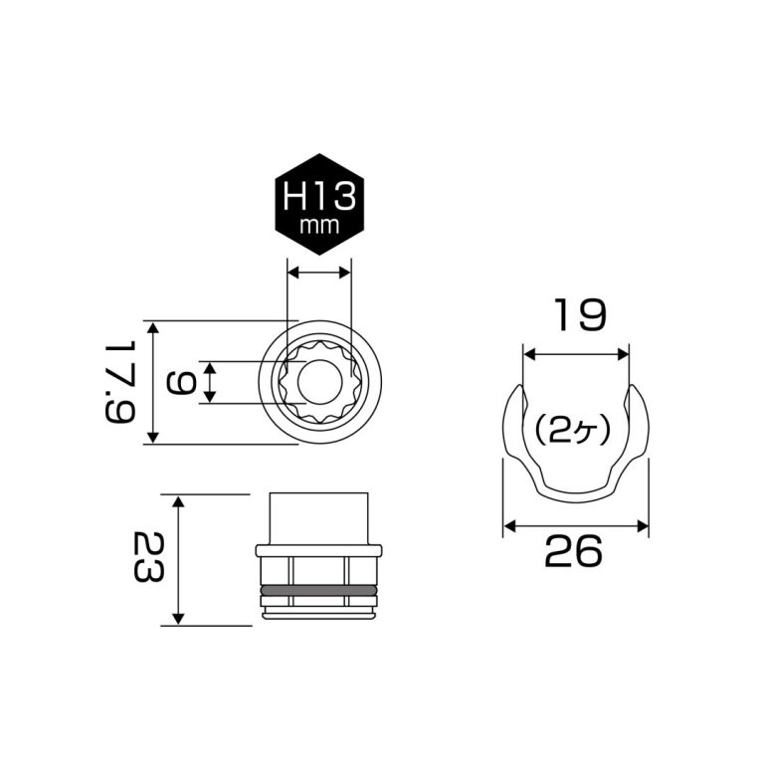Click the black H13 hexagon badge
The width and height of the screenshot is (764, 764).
coord(318,204)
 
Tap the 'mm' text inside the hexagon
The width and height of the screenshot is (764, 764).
coord(318,225)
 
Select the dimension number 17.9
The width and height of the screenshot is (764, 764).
coord(117,382)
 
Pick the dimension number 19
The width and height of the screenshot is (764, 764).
coord(576,316)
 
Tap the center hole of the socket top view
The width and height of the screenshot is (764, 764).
coord(318,382)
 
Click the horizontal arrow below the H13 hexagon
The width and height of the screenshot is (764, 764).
coord(318,271)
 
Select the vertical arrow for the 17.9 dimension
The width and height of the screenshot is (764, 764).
coord(152,382)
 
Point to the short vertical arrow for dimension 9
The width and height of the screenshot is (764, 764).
coord(210,382)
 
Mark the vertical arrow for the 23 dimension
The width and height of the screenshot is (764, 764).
coord(178,560)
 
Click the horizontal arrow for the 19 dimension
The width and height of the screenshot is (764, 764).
coord(576,352)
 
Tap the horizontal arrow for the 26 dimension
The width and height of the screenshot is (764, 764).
coord(575,524)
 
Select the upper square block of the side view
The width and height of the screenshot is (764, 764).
coord(318,518)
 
